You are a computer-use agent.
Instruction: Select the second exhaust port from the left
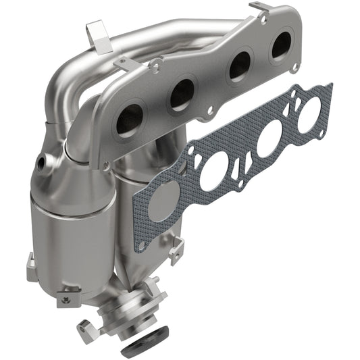[182, 94]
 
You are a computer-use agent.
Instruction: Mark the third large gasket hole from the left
[267, 138]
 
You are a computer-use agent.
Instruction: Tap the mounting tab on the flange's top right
[261, 9]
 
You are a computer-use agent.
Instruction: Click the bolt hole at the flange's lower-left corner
[106, 163]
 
